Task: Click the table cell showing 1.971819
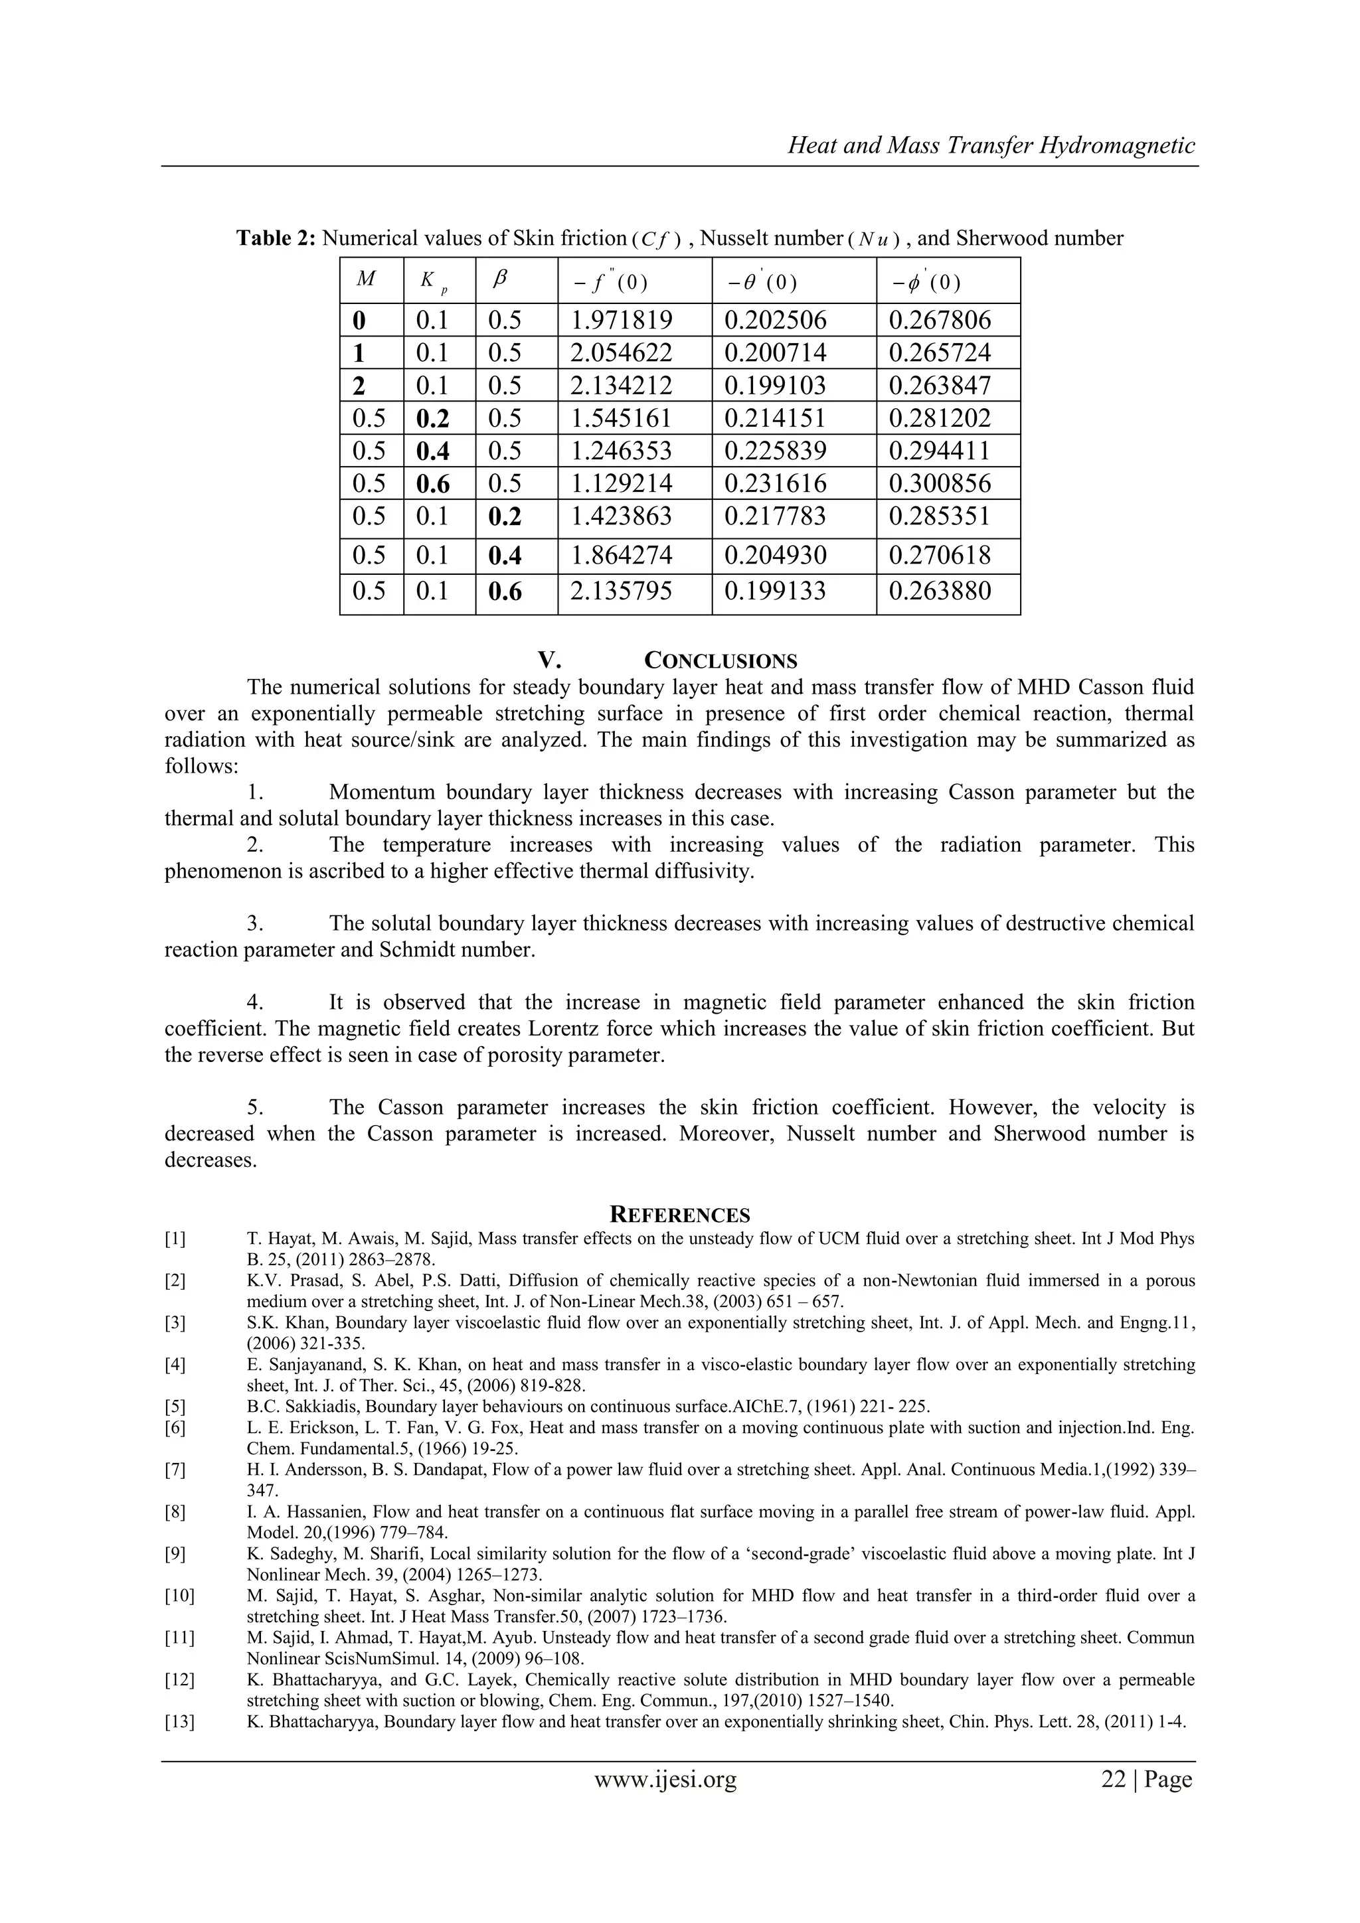point(621,320)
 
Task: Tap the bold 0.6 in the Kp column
point(432,484)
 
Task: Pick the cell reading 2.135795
point(621,591)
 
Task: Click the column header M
point(365,279)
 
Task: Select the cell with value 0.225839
point(775,451)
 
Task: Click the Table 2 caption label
point(276,239)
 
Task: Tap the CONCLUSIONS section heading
point(720,661)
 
